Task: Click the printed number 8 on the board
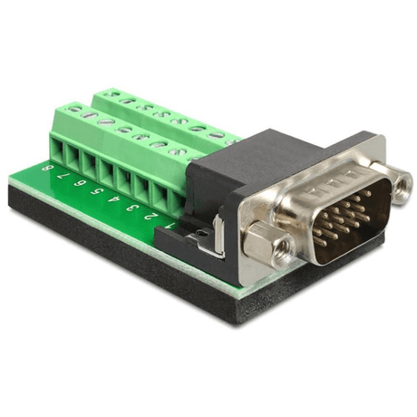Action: click(46, 168)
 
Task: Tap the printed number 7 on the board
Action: click(63, 175)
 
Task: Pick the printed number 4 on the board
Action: click(114, 199)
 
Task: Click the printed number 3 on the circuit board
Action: click(132, 208)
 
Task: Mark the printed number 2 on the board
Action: click(150, 217)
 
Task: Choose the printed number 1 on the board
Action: click(170, 226)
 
